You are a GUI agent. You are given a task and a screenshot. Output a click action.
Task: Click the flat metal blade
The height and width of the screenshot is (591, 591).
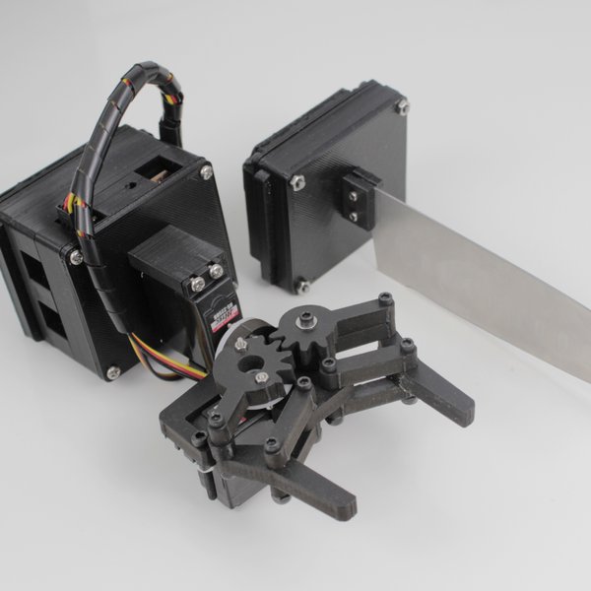tap(483, 271)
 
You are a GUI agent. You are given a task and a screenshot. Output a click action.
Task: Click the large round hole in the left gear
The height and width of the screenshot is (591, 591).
tap(261, 378)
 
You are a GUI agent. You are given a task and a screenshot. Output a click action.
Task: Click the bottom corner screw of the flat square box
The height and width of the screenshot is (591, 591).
tap(302, 285)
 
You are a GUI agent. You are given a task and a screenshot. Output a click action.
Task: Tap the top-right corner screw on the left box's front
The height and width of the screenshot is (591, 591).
tap(206, 172)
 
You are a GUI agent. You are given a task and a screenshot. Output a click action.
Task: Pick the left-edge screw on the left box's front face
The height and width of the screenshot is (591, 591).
tap(75, 257)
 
